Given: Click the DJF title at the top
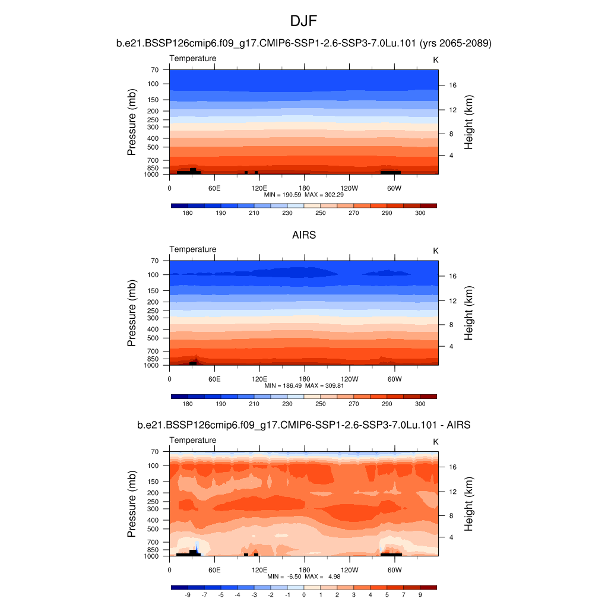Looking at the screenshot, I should click(304, 21).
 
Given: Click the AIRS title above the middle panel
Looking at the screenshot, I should click(304, 235).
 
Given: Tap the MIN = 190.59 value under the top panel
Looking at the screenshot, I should click(283, 194).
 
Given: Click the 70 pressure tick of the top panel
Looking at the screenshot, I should click(154, 69).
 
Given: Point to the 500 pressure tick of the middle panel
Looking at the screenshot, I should click(153, 338).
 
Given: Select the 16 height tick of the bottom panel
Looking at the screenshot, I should click(452, 467).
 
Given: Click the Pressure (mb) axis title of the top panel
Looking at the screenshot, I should click(132, 122).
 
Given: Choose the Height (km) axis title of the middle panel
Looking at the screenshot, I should click(468, 313).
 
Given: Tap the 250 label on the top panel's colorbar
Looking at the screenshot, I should click(321, 213).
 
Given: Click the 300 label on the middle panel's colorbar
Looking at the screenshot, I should click(420, 404).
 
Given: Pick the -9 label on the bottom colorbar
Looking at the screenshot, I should click(188, 594).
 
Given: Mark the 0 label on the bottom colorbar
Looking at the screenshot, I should click(304, 594).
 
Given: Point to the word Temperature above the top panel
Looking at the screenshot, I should click(193, 58).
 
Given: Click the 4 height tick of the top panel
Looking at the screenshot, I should click(451, 156).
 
